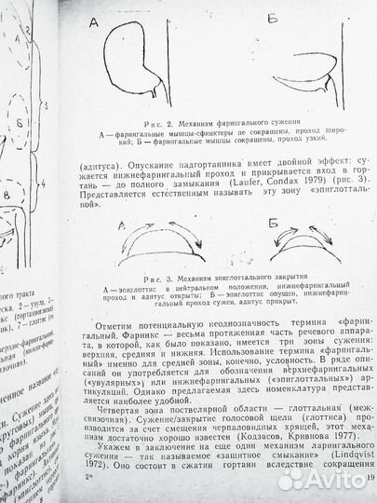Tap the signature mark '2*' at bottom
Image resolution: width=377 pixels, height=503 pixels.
pyautogui.click(x=88, y=480)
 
